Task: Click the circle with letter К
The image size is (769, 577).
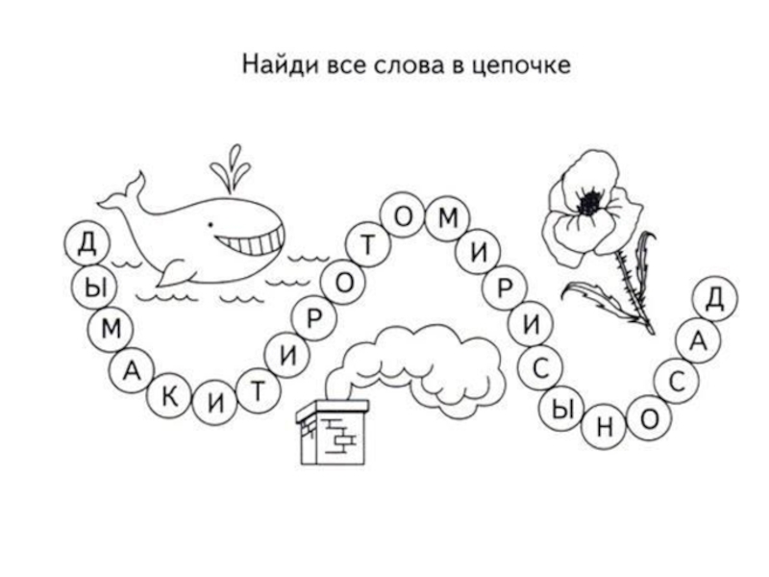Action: coord(169,400)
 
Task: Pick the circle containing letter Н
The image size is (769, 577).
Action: coord(605,428)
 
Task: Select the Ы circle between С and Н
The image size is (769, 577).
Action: coord(564,408)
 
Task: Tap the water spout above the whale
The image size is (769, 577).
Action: coord(232,168)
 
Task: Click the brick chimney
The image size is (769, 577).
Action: coord(333,433)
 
